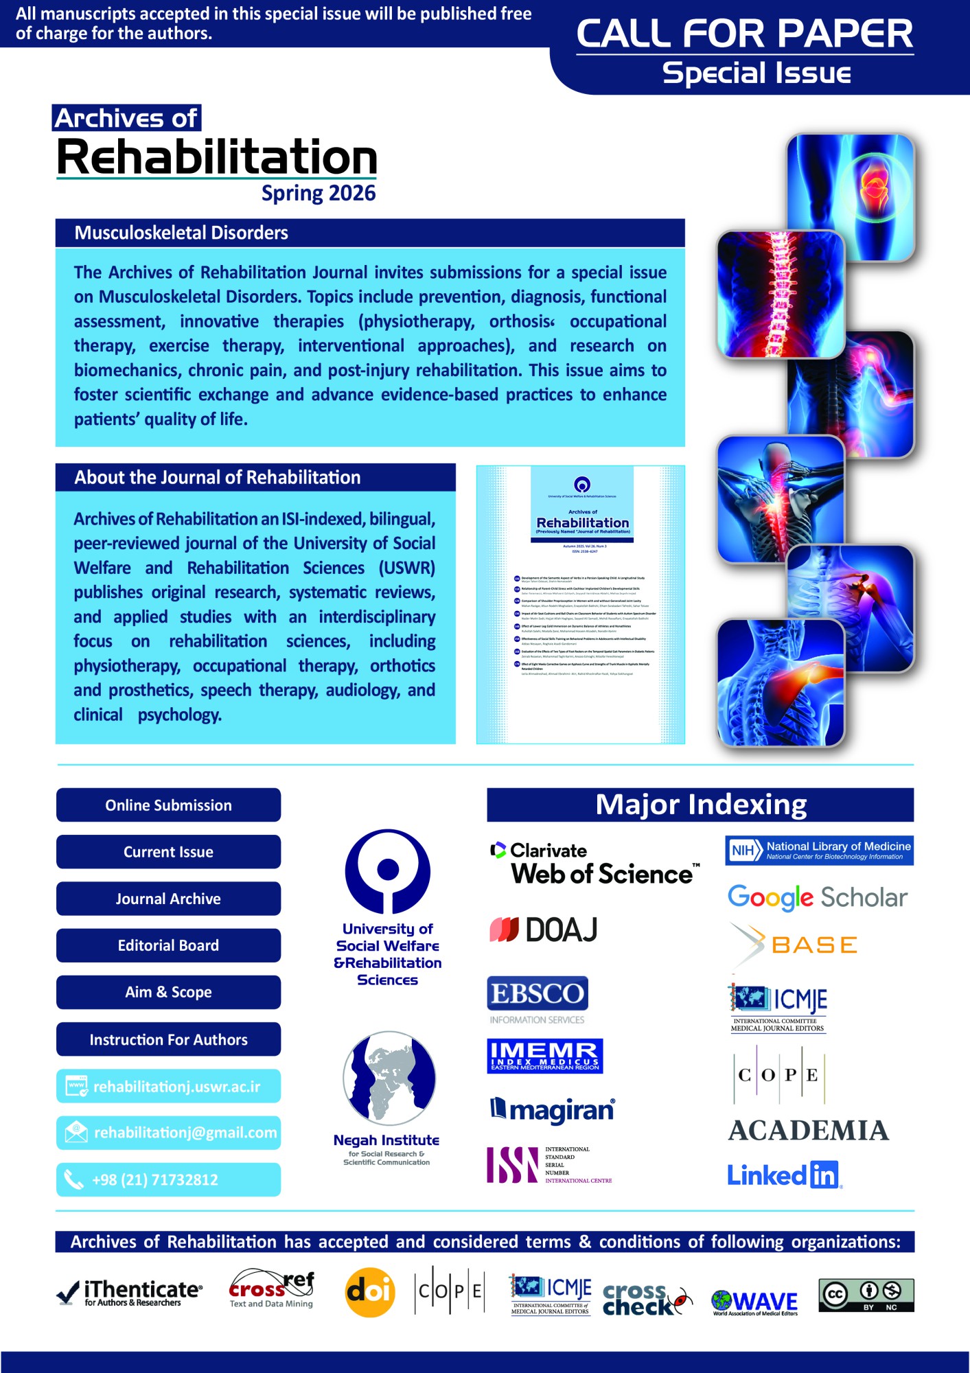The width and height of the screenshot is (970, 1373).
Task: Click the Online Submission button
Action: click(x=168, y=805)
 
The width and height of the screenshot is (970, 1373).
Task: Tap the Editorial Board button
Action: click(x=168, y=945)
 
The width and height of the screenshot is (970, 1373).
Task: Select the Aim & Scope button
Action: click(x=168, y=992)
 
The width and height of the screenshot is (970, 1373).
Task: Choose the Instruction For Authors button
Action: click(x=168, y=1039)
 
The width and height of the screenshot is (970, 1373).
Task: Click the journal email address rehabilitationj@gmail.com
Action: click(x=185, y=1133)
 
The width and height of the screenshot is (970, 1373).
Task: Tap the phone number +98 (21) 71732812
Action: click(x=155, y=1180)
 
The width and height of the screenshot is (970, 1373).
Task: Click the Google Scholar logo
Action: click(x=818, y=897)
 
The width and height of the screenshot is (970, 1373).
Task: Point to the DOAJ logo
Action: click(x=543, y=930)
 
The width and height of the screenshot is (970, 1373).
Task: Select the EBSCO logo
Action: click(x=538, y=993)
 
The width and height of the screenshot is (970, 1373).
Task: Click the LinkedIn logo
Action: click(x=783, y=1175)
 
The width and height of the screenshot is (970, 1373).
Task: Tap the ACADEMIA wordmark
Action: click(x=808, y=1131)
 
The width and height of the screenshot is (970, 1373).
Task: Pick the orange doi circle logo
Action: click(x=369, y=1293)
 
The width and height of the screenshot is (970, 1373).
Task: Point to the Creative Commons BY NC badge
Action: click(x=866, y=1295)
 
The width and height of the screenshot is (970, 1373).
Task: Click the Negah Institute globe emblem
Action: click(x=389, y=1078)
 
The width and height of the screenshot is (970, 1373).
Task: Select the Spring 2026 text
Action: click(x=319, y=194)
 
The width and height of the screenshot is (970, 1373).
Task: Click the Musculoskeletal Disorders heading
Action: click(x=181, y=233)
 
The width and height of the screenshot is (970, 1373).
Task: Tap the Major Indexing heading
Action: click(x=700, y=805)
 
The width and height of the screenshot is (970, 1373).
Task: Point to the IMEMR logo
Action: click(x=544, y=1056)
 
